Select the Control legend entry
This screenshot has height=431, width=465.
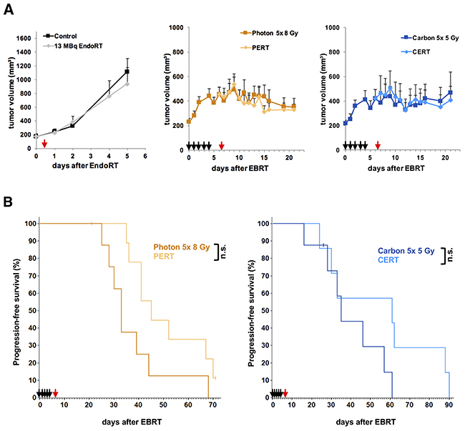point(66,34)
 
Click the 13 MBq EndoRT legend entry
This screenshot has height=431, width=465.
point(79,44)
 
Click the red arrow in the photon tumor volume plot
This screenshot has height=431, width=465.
point(222,147)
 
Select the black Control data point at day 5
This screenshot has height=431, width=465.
point(127,71)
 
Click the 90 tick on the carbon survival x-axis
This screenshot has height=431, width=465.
point(449,406)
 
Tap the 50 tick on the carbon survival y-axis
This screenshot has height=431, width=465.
point(265,310)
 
